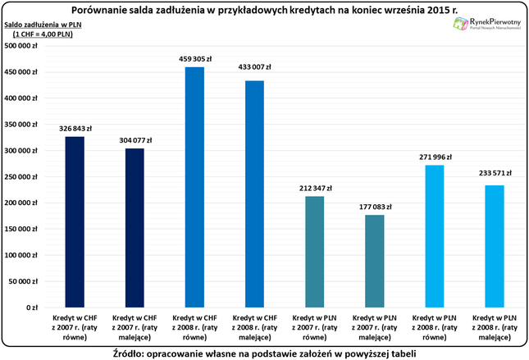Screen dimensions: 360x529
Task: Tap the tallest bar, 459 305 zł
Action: (194, 187)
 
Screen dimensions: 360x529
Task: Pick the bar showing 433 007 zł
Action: (255, 194)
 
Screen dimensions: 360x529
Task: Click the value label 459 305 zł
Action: (194, 59)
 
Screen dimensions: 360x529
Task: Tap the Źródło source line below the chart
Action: (265, 353)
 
